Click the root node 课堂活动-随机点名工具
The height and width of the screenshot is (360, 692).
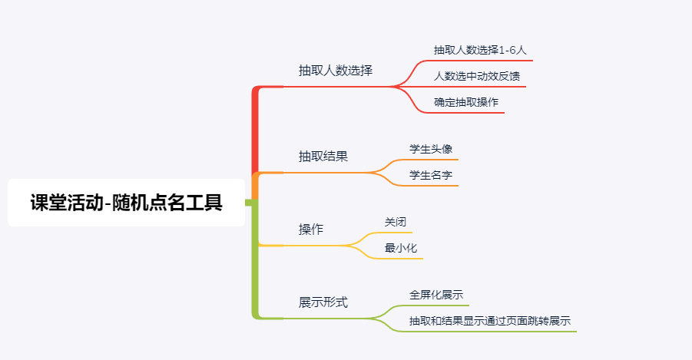point(126,203)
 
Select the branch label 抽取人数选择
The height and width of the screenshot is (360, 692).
point(335,71)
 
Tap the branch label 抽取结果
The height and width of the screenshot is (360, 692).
point(323,157)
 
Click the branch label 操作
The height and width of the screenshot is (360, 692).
point(310,230)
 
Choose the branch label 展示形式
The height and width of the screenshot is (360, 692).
point(323,302)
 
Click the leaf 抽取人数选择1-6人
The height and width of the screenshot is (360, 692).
point(480,50)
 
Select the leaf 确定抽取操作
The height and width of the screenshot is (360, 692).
point(465,102)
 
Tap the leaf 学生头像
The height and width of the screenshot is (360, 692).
point(430,149)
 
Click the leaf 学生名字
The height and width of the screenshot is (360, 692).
point(430,176)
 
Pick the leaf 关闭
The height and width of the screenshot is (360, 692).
point(395,222)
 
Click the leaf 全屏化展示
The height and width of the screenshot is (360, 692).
point(435,295)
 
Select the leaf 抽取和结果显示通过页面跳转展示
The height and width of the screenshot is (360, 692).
point(490,321)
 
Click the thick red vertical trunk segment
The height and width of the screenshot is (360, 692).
point(256,130)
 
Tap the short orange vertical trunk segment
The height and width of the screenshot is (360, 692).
point(256,187)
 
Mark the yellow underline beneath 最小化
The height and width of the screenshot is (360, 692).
point(399,259)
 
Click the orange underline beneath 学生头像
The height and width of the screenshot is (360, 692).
point(430,160)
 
